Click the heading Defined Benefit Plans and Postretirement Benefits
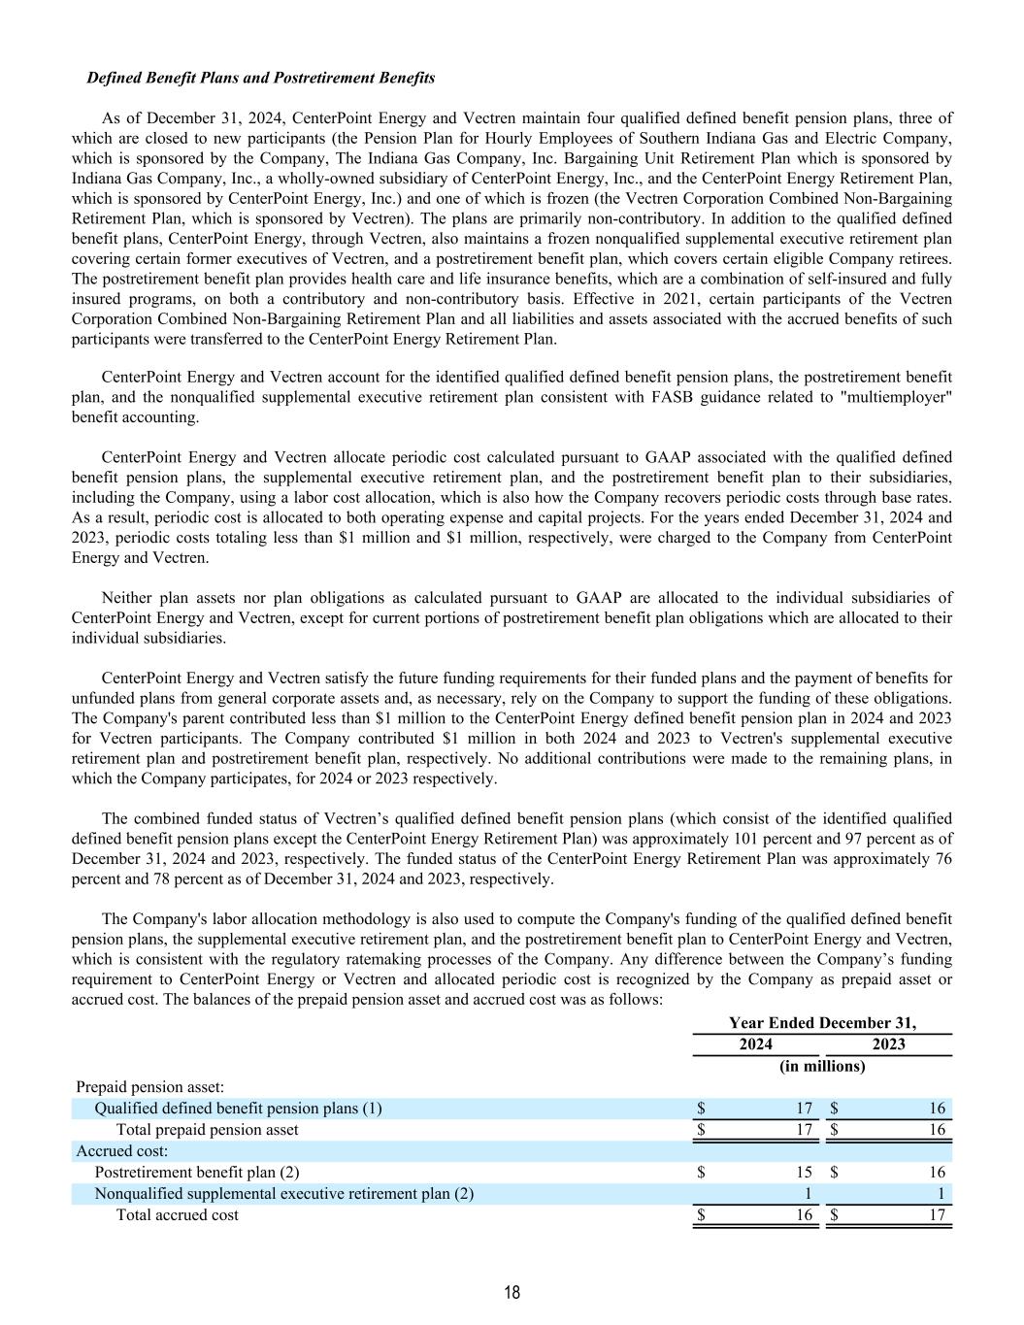[x=260, y=78]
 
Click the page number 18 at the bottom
[x=512, y=1292]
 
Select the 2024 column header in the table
[x=756, y=1044]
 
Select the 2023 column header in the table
[x=888, y=1044]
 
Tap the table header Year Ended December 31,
[x=822, y=1023]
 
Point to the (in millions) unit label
[x=822, y=1066]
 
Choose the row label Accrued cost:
[x=122, y=1151]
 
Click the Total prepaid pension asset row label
[x=207, y=1130]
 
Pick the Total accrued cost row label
[x=177, y=1215]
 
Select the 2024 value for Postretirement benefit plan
[x=804, y=1173]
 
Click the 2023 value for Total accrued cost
[x=937, y=1215]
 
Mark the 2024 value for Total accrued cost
[x=804, y=1215]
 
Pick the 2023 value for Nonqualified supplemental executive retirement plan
[x=941, y=1194]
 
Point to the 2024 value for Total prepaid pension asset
[x=804, y=1130]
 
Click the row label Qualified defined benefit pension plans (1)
[x=238, y=1109]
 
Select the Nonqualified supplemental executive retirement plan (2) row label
[x=283, y=1194]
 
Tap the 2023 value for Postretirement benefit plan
[x=937, y=1173]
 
